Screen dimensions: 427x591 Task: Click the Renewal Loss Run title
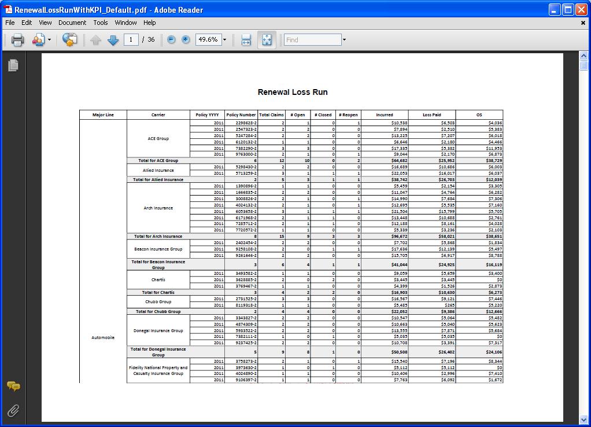pyautogui.click(x=293, y=92)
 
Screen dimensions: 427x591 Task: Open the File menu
pyautogui.click(x=10, y=23)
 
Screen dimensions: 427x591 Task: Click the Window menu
pyautogui.click(x=125, y=23)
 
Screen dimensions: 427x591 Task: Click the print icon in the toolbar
pyautogui.click(x=17, y=40)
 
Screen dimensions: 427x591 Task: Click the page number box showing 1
pyautogui.click(x=131, y=40)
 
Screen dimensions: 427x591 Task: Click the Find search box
pyautogui.click(x=312, y=40)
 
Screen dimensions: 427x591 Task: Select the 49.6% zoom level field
pyautogui.click(x=208, y=40)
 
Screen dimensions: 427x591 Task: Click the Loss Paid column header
pyautogui.click(x=431, y=115)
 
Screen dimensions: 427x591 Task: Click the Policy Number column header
pyautogui.click(x=241, y=115)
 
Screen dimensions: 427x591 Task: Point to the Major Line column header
pyautogui.click(x=103, y=115)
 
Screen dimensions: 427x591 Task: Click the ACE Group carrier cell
pyautogui.click(x=158, y=139)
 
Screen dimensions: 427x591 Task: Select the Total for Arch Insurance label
pyautogui.click(x=158, y=236)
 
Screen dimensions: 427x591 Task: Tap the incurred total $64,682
pyautogui.click(x=399, y=160)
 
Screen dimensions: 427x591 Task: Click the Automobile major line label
pyautogui.click(x=103, y=337)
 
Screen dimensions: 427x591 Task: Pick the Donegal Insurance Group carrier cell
pyautogui.click(x=158, y=330)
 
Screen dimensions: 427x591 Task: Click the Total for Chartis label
pyautogui.click(x=158, y=292)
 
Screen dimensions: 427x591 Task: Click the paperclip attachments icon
pyautogui.click(x=13, y=411)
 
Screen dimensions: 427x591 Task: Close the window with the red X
pyautogui.click(x=581, y=10)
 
